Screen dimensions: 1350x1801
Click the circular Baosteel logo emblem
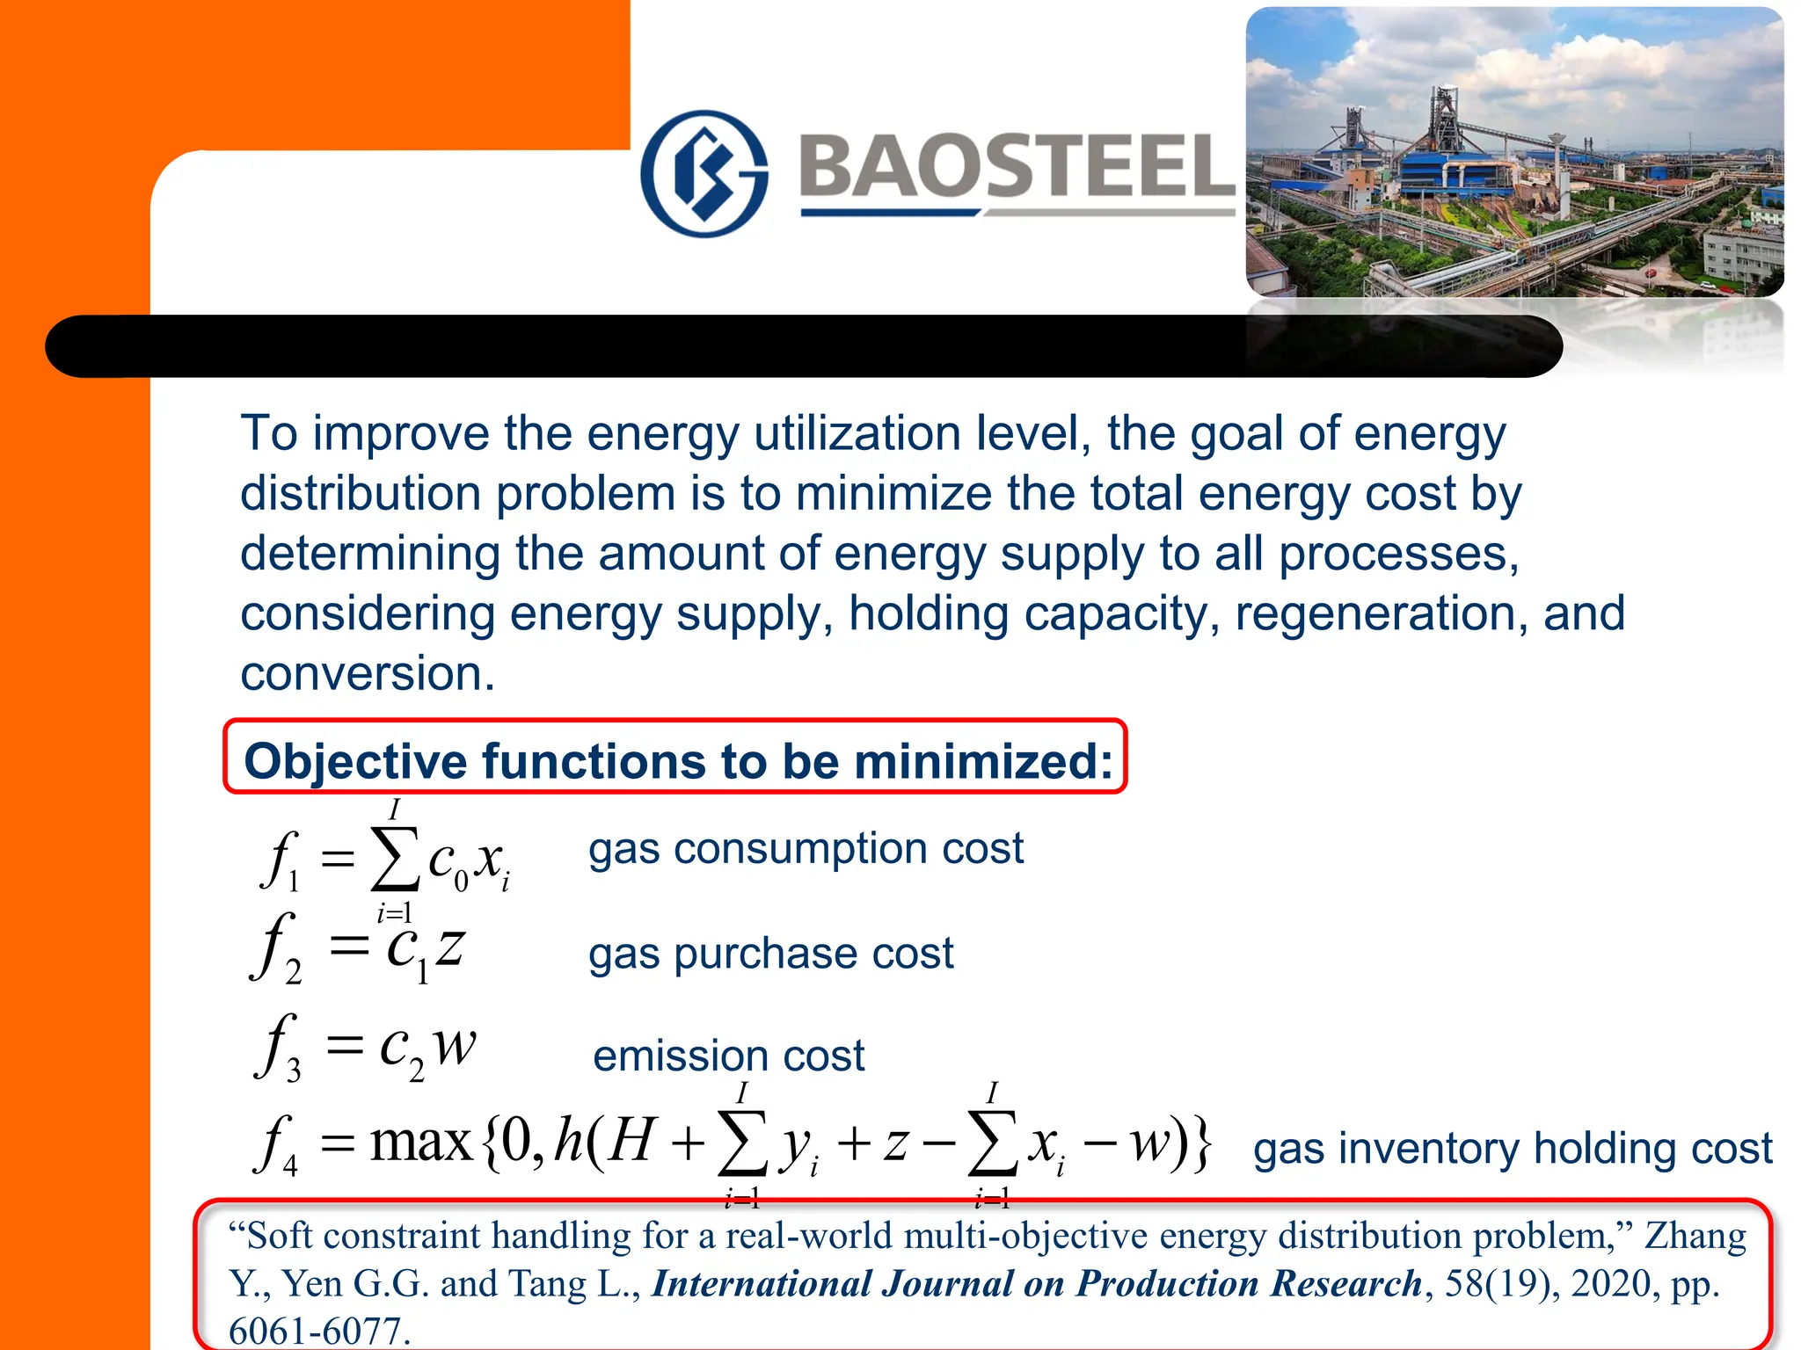(x=704, y=173)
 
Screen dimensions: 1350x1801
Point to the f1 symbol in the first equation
(x=280, y=860)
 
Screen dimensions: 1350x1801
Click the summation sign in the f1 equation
(x=394, y=860)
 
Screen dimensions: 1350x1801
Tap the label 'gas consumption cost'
(x=806, y=849)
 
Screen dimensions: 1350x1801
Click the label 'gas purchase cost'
(x=770, y=954)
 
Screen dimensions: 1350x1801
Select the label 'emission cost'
(x=728, y=1056)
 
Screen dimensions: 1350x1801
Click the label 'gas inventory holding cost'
(x=1513, y=1149)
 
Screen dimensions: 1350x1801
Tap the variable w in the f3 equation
(x=455, y=1046)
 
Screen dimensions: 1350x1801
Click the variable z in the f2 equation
(x=450, y=947)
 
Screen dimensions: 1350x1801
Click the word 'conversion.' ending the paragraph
(x=368, y=674)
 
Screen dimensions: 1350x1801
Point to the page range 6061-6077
(x=319, y=1331)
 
